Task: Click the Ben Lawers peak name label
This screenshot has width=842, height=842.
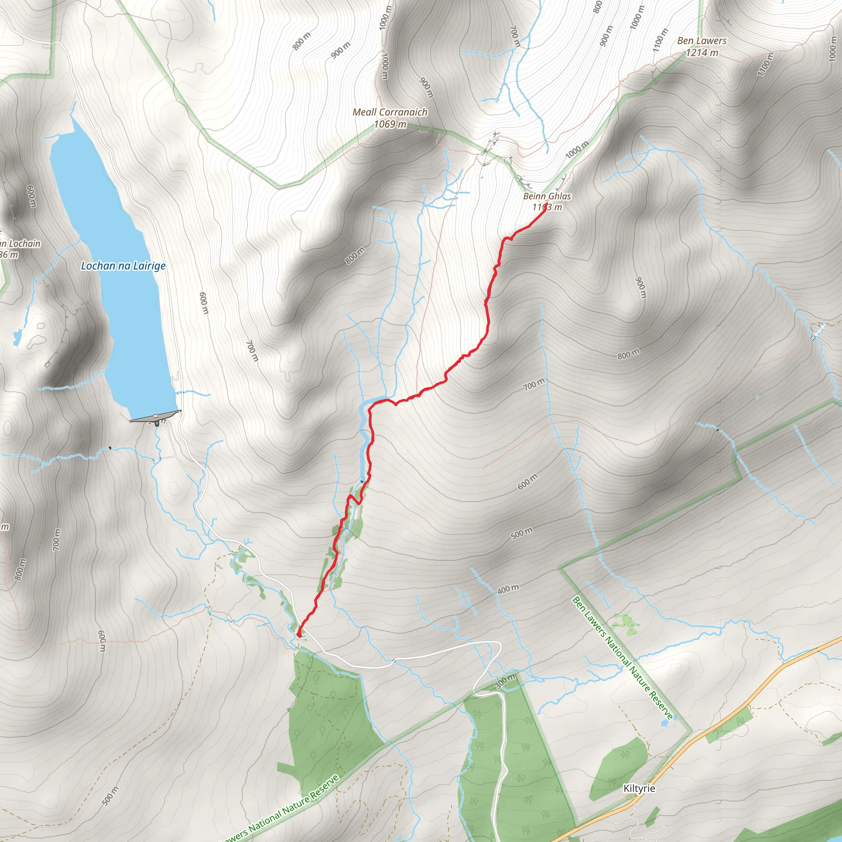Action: (702, 41)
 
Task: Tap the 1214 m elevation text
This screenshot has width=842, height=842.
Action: (702, 53)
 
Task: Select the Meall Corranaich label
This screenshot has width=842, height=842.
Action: (390, 112)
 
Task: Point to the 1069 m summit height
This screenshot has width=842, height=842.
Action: (390, 124)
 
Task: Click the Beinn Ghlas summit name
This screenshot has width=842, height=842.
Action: (547, 197)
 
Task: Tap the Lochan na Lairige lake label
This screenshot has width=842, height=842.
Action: (123, 266)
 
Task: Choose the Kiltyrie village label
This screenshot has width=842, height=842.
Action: (639, 789)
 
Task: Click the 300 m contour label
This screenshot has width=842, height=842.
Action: (505, 681)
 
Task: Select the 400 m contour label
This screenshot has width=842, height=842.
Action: (508, 589)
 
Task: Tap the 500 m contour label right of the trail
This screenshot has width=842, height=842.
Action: (521, 533)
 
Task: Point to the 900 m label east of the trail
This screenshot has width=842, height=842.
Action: (640, 287)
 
